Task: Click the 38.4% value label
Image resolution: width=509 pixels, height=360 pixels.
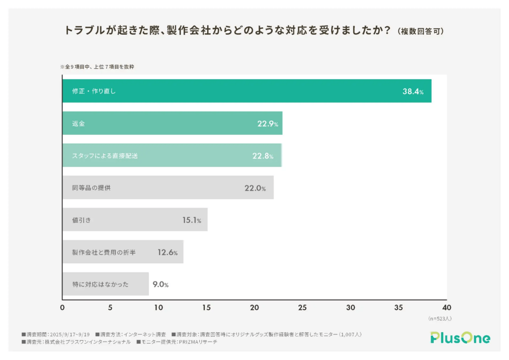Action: coord(413,91)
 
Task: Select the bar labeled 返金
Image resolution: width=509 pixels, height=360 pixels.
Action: coord(172,123)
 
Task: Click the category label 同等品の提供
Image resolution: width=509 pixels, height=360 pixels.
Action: coord(94,188)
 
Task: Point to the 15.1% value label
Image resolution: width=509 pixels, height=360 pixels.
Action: coord(191,220)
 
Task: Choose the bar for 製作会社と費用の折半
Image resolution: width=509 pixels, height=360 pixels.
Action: coord(123,252)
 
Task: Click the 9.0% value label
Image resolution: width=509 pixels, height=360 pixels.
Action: coord(161,284)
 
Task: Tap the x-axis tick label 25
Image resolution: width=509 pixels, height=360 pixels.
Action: coord(302,308)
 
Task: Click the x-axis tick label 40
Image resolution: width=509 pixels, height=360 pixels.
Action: coord(446,308)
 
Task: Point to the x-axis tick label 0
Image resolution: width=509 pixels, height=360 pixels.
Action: coord(62,308)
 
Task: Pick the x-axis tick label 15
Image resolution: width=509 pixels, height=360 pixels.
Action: coord(206,308)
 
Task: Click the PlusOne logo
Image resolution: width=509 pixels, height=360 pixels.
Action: coord(460,338)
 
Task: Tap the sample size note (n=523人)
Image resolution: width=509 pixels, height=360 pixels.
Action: coord(439,318)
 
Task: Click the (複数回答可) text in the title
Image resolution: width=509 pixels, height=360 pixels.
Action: coord(421,31)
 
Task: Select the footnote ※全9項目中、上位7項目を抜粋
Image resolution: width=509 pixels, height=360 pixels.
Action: coord(97,66)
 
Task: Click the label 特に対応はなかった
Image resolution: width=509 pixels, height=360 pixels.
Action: coord(100,284)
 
